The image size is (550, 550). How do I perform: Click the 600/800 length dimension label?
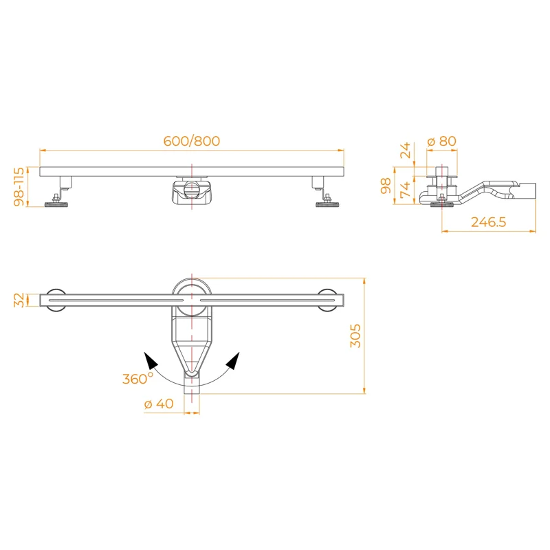pyautogui.click(x=192, y=141)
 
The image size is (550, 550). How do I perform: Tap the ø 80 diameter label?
pyautogui.click(x=441, y=142)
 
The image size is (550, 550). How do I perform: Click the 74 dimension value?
pyautogui.click(x=406, y=190)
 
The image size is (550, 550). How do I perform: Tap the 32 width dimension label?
pyautogui.click(x=19, y=300)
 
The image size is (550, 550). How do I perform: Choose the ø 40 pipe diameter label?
pyautogui.click(x=159, y=404)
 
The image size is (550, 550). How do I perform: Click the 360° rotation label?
pyautogui.click(x=137, y=378)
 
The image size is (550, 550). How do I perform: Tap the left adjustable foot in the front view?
pyautogui.click(x=57, y=200)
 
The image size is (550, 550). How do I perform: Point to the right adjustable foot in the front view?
pyautogui.click(x=325, y=200)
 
